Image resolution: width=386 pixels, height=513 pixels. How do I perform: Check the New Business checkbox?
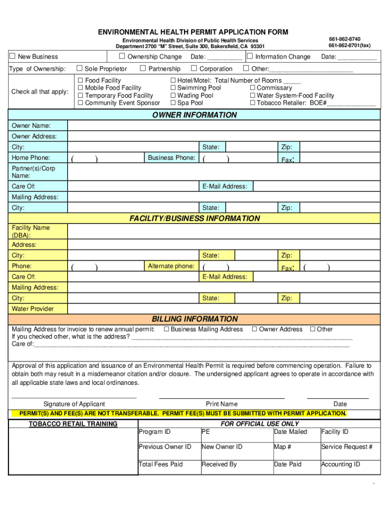(x=13, y=57)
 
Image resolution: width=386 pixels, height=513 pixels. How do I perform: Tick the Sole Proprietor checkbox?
(x=79, y=69)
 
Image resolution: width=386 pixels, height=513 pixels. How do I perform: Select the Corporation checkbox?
(x=194, y=69)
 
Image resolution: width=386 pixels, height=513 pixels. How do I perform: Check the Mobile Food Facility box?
(x=80, y=88)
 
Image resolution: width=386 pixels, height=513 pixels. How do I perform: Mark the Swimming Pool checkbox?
(x=173, y=88)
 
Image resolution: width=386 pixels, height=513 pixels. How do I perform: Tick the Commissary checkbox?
(x=253, y=88)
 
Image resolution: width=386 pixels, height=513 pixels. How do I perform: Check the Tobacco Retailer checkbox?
(x=253, y=103)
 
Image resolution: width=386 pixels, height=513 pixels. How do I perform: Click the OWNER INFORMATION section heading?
(x=195, y=115)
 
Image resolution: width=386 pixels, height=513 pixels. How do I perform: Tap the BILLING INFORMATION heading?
(x=195, y=319)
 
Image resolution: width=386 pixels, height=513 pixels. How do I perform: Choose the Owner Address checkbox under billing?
(x=254, y=329)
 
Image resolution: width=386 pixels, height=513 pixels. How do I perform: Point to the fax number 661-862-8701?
(x=349, y=46)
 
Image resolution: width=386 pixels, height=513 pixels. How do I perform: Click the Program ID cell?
(x=168, y=432)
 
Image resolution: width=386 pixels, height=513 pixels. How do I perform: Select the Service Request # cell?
(x=346, y=447)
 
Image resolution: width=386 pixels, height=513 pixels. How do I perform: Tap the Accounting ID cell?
(x=346, y=465)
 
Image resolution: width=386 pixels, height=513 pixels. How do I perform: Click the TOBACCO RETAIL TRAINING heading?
(x=73, y=424)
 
